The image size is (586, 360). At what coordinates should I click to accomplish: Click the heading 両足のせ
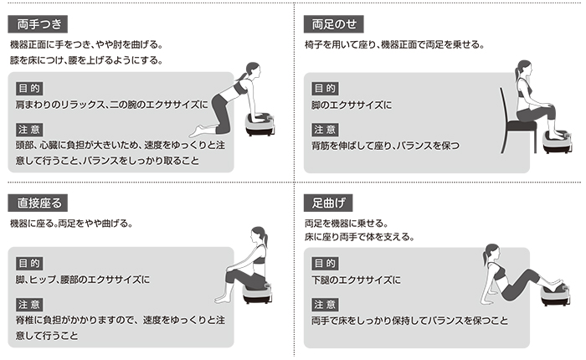333,23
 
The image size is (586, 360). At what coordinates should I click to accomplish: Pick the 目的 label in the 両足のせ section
325,87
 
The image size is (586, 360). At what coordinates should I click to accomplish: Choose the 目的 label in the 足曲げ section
325,262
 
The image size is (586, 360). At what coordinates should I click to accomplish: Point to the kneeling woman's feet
198,131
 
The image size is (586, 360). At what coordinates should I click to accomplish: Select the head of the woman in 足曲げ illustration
491,253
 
